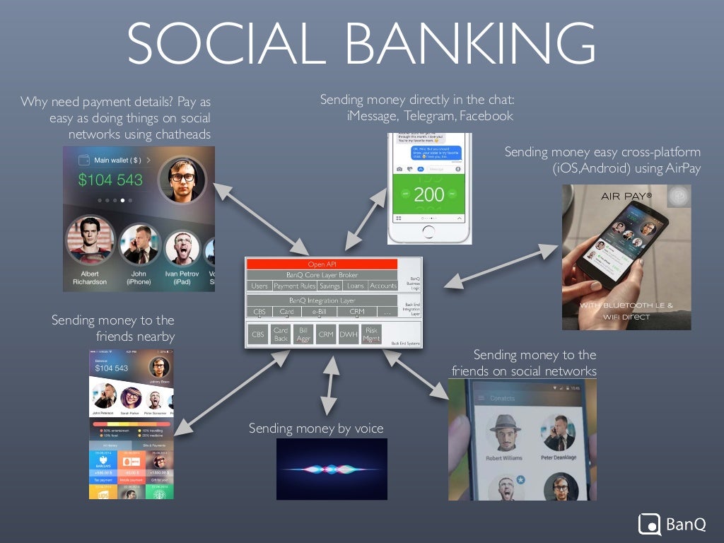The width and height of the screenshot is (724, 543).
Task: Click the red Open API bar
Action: click(x=322, y=264)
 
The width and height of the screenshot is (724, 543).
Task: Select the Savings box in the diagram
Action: click(x=329, y=286)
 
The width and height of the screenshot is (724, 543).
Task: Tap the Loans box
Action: click(x=355, y=286)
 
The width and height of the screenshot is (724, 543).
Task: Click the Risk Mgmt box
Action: click(x=371, y=334)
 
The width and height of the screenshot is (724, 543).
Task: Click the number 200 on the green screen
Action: click(x=429, y=194)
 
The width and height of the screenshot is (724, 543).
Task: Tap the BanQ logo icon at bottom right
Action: click(x=649, y=524)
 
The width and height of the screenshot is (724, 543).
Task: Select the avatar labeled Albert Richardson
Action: click(x=89, y=240)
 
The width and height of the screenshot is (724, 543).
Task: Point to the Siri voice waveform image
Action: click(x=332, y=469)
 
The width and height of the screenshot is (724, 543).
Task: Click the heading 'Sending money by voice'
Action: click(x=315, y=428)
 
